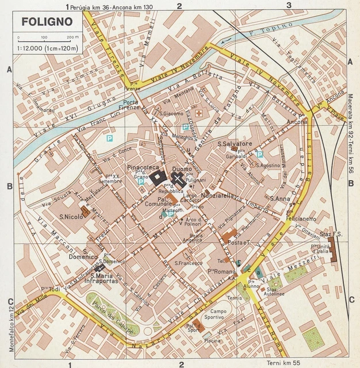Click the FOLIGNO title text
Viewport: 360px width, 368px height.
tap(48, 22)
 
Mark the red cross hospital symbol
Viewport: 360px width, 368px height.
tap(200, 114)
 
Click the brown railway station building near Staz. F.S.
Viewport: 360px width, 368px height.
tap(332, 251)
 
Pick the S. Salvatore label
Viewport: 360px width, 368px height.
tap(235, 144)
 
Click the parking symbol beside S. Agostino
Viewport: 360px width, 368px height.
tap(259, 154)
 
